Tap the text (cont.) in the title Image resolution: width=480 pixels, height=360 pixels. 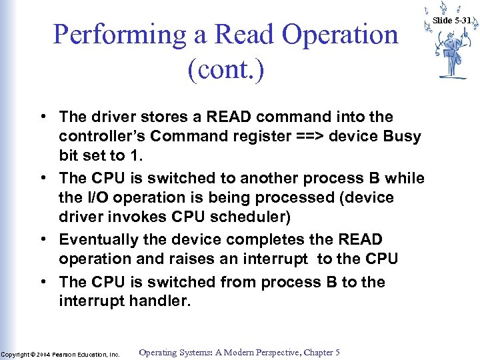(226, 69)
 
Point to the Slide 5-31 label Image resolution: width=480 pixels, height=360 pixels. (452, 20)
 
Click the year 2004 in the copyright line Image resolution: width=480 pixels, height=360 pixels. (43, 355)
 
